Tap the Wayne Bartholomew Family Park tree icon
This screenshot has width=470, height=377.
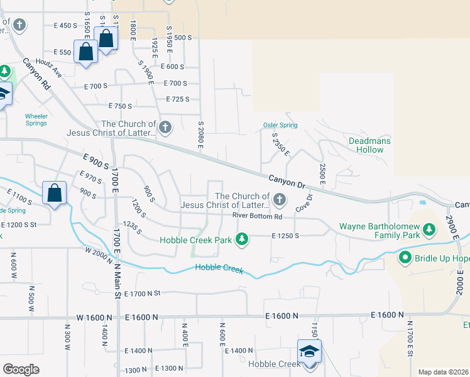pos(429,230)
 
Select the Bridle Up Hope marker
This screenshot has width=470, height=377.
pos(405,258)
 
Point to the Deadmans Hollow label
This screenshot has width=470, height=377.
pos(369,145)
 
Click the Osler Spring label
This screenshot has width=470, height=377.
pos(280,125)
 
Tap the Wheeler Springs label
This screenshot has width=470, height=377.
pos(36,119)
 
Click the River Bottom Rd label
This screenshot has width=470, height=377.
pos(257,216)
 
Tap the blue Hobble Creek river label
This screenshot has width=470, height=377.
pos(219,268)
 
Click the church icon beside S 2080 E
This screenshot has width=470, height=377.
pos(165,128)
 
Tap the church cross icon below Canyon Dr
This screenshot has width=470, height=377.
pos(280,200)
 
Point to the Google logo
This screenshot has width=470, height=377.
pos(21,369)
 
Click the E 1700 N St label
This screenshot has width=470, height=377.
pos(143,293)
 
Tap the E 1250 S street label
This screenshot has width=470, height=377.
pos(285,236)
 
